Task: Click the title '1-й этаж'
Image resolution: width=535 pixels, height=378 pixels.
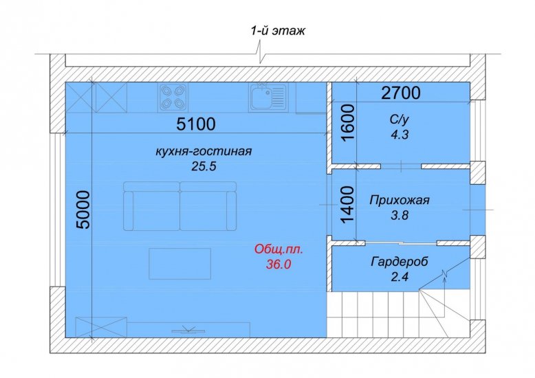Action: pos(278,31)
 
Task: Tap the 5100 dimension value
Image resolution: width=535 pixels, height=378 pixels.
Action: pos(196,124)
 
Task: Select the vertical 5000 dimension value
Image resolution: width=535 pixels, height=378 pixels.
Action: pos(83,210)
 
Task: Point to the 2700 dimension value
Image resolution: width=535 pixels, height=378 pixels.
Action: pos(401,93)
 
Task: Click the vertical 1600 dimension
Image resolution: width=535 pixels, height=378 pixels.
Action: pos(348,122)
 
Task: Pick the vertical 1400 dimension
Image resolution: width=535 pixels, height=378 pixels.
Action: pos(348,205)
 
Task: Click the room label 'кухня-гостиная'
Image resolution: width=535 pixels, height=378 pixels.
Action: pos(204,151)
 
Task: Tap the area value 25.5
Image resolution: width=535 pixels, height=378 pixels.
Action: pos(204,166)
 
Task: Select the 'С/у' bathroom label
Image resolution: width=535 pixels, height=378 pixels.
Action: pos(400,120)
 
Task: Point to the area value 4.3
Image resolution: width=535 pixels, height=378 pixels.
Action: pos(400,135)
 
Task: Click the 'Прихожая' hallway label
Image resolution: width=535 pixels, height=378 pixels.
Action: pos(400,200)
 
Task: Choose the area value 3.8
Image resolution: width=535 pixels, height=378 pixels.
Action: pos(400,215)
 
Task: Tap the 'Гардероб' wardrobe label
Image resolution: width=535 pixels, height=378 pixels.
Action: pos(400,262)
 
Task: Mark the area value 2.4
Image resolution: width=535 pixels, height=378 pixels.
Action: pos(400,277)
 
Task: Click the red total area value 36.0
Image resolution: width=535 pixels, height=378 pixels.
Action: pos(279,264)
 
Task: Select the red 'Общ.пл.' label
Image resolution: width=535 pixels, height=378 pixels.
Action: pos(279,249)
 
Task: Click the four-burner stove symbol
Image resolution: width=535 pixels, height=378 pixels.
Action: pos(173,97)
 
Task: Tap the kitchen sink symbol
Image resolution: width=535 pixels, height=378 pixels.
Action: pos(268,97)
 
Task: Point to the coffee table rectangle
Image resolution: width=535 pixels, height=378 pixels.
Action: pos(179,264)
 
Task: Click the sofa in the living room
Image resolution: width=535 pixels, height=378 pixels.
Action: pos(179,206)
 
